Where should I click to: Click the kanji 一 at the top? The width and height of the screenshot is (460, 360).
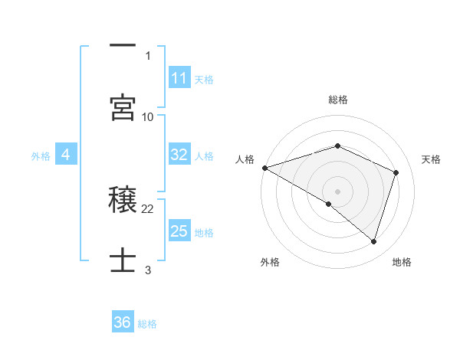click(123, 46)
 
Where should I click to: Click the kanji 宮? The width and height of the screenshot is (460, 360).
click(123, 108)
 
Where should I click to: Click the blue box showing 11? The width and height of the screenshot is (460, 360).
click(179, 78)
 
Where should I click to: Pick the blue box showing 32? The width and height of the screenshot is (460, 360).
click(179, 155)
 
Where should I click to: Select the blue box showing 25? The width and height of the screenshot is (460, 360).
click(179, 231)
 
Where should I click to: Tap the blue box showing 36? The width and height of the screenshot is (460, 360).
click(123, 322)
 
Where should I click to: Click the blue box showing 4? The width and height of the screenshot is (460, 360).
click(66, 155)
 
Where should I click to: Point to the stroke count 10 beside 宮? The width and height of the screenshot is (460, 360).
click(148, 117)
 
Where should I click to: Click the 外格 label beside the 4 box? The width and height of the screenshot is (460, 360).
click(41, 155)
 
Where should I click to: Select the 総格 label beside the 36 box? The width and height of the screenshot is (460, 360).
click(147, 323)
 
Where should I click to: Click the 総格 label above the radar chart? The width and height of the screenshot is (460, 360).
click(337, 100)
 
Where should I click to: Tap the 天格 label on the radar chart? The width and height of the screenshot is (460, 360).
click(431, 159)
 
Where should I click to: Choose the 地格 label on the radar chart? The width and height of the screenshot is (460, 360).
click(402, 262)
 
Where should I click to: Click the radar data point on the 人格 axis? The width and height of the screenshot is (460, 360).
click(264, 168)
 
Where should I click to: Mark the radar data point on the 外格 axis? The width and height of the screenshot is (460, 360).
click(329, 204)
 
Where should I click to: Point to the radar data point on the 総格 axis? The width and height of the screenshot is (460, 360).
click(337, 146)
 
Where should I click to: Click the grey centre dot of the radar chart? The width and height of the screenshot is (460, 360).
click(337, 191)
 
